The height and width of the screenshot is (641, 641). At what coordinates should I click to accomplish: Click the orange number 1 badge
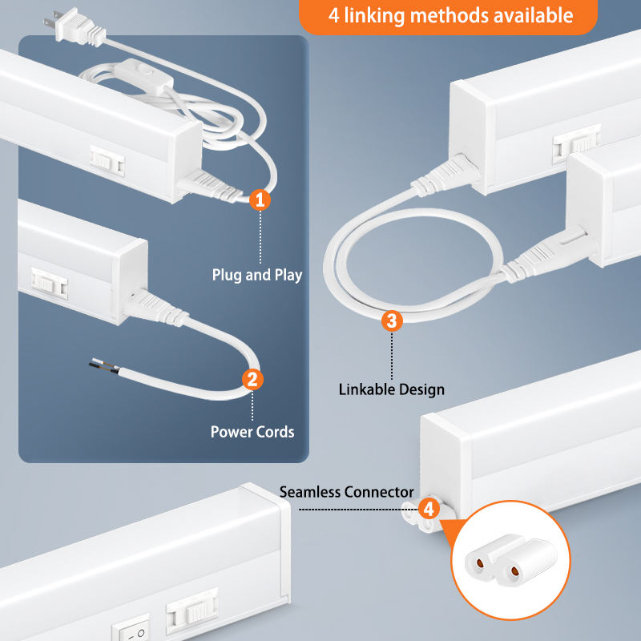(259, 200)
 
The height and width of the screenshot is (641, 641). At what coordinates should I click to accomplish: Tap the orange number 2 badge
(252, 379)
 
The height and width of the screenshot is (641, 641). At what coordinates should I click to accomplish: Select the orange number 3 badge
(391, 321)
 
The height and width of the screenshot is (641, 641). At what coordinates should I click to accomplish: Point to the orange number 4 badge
(429, 508)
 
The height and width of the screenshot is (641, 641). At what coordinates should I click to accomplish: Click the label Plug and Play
(256, 275)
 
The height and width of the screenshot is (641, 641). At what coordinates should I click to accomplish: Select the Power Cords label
(252, 432)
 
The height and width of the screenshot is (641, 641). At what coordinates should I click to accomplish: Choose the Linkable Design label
(391, 389)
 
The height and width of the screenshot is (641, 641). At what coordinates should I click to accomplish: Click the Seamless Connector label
(346, 492)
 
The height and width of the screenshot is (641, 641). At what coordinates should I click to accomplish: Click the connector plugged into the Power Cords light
(155, 304)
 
